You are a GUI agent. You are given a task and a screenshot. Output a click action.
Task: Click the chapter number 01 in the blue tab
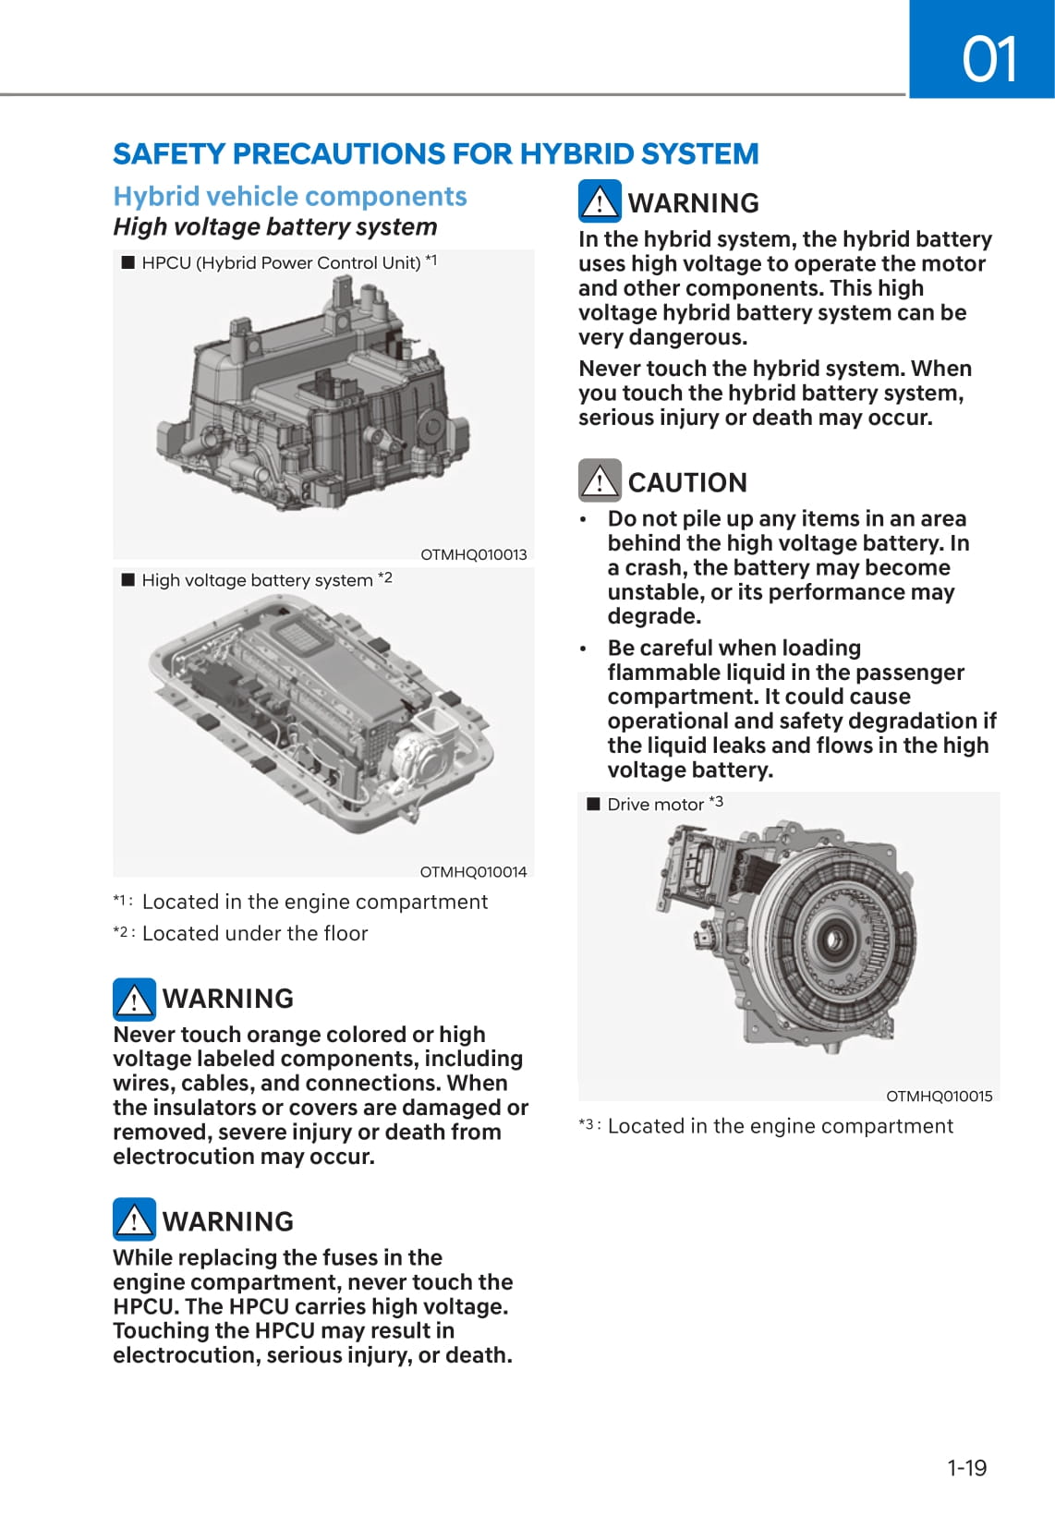tap(988, 59)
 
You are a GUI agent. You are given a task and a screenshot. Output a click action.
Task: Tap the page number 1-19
tap(966, 1467)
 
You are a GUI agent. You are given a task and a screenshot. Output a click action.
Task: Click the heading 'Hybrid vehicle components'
tap(290, 197)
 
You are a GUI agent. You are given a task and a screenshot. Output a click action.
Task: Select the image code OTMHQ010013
tap(473, 554)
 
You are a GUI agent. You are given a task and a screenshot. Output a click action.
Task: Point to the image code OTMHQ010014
tap(473, 872)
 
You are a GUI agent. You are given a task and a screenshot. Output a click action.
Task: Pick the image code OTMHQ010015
tap(940, 1097)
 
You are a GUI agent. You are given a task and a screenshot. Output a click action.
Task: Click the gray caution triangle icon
tap(600, 480)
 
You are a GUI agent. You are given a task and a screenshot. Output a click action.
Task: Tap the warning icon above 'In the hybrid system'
tap(600, 201)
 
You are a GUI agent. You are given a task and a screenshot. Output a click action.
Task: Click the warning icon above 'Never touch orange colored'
tap(134, 999)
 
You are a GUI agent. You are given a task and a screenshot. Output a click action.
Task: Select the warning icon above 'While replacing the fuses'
tap(134, 1219)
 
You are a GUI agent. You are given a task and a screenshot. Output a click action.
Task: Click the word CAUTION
tap(687, 482)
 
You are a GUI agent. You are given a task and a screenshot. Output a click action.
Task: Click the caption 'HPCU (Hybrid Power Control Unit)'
tap(281, 262)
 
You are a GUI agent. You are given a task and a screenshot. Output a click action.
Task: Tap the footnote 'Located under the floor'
tap(254, 933)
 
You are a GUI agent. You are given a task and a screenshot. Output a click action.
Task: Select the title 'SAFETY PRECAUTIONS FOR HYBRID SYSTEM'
tap(436, 153)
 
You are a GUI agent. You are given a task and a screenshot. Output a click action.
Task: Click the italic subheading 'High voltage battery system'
tap(274, 227)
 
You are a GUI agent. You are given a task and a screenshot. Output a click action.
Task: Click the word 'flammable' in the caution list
tap(661, 673)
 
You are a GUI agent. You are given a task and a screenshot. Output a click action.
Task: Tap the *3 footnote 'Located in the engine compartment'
tap(781, 1126)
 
